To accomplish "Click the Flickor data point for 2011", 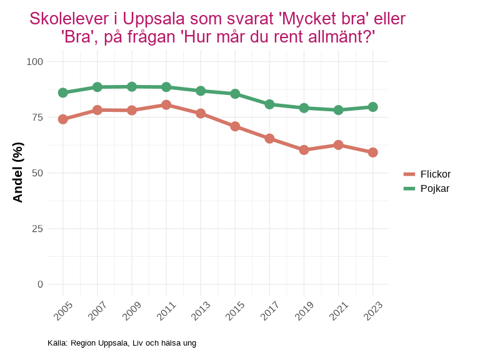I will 166,105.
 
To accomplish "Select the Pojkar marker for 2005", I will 63,92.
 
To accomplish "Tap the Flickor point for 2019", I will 304,150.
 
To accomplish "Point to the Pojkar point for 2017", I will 269,104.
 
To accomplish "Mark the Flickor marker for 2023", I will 372,152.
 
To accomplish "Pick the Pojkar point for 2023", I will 372,107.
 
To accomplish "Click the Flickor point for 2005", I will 63,119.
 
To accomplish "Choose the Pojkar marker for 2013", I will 201,91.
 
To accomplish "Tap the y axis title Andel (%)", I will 18,172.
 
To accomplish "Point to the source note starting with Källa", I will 122,343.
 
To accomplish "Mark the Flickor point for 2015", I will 235,126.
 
